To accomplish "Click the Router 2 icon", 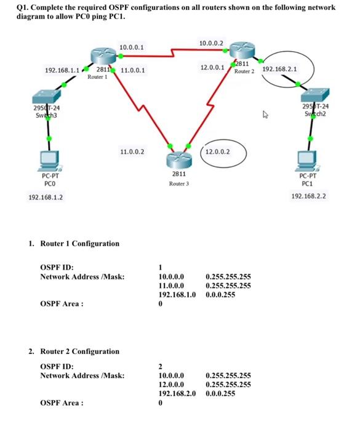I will tap(242, 52).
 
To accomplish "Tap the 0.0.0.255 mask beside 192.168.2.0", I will tap(221, 392).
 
